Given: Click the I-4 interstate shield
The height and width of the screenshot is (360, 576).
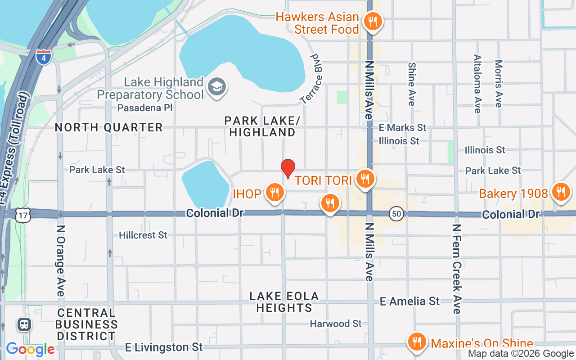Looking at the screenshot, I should point(44,57).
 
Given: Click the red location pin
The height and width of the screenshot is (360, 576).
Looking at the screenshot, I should point(288,169).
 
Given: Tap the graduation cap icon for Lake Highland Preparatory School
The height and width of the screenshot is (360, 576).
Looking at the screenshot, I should point(217,87).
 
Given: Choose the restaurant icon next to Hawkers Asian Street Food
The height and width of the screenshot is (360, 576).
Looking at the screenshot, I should point(372,21).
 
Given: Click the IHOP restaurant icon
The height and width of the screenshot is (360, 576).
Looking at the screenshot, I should point(274,193).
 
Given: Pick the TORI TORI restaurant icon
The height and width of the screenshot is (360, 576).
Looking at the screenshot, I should point(365,179).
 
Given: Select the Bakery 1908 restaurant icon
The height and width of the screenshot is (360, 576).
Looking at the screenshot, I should point(561,192).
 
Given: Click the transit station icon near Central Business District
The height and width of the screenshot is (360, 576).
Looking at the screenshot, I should point(24,324).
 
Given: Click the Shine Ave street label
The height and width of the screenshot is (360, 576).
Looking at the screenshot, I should point(411,84).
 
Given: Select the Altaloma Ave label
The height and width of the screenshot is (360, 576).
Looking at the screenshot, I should point(477,84).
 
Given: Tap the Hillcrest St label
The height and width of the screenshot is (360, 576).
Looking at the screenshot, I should point(143,235).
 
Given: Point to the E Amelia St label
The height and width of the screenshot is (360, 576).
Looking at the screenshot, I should point(409,301).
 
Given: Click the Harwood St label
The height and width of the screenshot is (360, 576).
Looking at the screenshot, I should point(336,324).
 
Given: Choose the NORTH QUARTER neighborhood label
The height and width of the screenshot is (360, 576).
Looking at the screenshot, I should point(108,128).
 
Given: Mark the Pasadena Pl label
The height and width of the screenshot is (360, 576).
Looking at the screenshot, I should point(145,108).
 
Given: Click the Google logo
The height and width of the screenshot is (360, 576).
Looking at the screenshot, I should point(30,350).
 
